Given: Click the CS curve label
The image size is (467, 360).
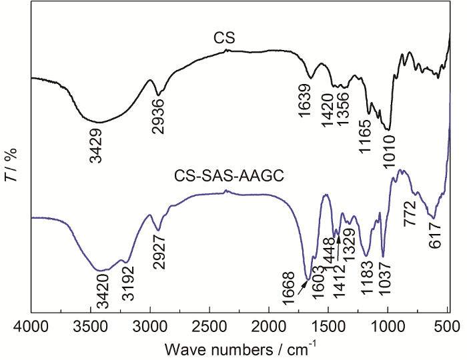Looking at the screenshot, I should pyautogui.click(x=223, y=40).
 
